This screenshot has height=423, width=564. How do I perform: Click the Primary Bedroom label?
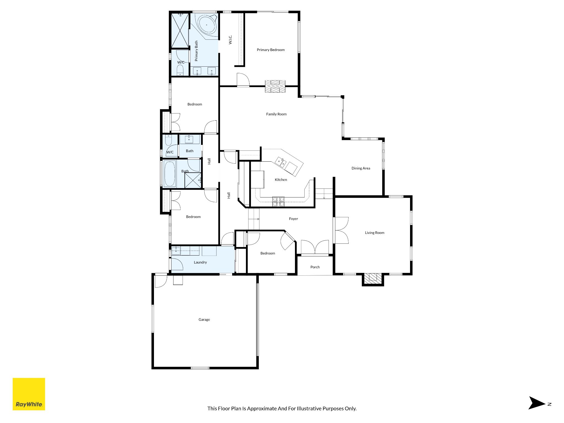pos(271,50)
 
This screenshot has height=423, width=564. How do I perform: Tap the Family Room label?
pos(276,114)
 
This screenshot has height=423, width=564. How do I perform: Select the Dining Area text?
pos(361,168)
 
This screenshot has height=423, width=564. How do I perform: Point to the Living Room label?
pos(375,233)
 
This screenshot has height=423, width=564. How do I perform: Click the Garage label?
pos(204,320)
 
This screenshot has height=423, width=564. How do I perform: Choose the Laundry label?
pos(200,262)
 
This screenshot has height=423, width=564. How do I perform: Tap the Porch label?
pos(315,267)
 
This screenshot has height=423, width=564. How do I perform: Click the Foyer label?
pos(294,219)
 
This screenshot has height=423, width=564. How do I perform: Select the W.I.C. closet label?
pos(231,40)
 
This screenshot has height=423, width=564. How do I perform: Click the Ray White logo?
pos(29,394)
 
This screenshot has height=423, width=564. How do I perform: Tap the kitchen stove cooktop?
pos(278,201)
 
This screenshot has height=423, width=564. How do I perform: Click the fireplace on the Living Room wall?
pos(373,279)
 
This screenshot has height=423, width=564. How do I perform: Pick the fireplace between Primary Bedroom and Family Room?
pos(275,86)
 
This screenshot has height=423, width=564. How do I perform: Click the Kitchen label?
pos(281,180)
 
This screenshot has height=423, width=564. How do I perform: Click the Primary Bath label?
pos(196,51)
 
